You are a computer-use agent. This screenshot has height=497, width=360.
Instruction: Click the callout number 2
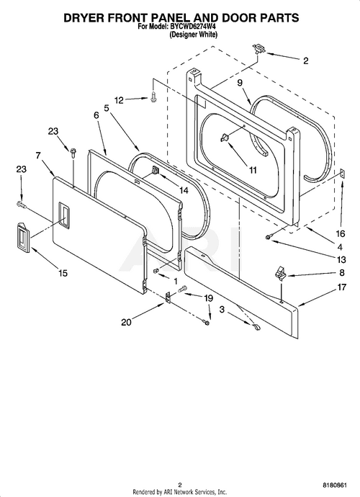click(305, 61)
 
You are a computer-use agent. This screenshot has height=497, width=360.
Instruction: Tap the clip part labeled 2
click(258, 50)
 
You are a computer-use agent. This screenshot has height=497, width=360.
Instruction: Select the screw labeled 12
click(153, 98)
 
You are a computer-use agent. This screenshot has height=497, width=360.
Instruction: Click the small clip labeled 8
click(279, 273)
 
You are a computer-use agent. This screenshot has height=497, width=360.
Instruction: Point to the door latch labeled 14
click(156, 171)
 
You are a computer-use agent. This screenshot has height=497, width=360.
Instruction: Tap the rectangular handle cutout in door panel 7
click(64, 214)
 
